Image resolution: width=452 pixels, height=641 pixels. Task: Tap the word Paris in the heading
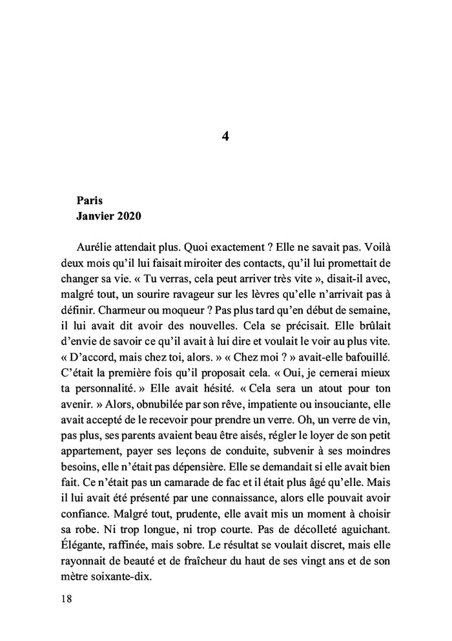pos(89,201)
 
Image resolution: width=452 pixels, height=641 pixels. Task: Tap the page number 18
pos(67,599)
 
